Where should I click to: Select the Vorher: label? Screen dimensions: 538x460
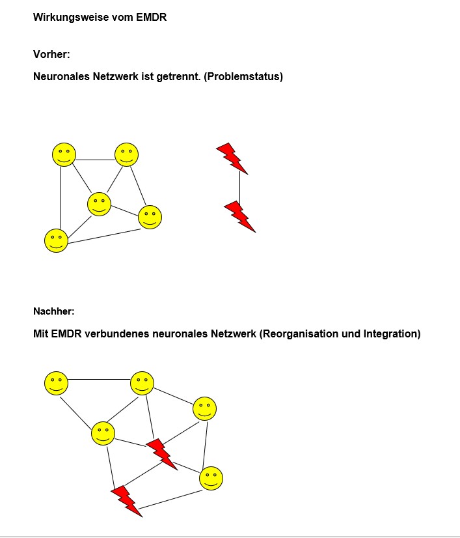point(51,55)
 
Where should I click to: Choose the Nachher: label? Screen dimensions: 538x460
point(54,311)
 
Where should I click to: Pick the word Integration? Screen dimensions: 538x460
point(391,334)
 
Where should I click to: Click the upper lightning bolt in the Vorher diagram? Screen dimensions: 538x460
point(232,158)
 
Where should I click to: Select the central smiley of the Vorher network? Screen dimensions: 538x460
point(99,204)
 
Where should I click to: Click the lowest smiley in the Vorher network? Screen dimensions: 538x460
point(56,240)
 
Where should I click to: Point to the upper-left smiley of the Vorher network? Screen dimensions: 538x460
point(64,154)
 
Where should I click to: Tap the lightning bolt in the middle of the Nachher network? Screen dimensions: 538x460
point(161,453)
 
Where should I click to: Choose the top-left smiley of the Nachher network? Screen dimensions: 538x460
point(56,383)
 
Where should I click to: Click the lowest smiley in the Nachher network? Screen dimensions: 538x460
point(211,479)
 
